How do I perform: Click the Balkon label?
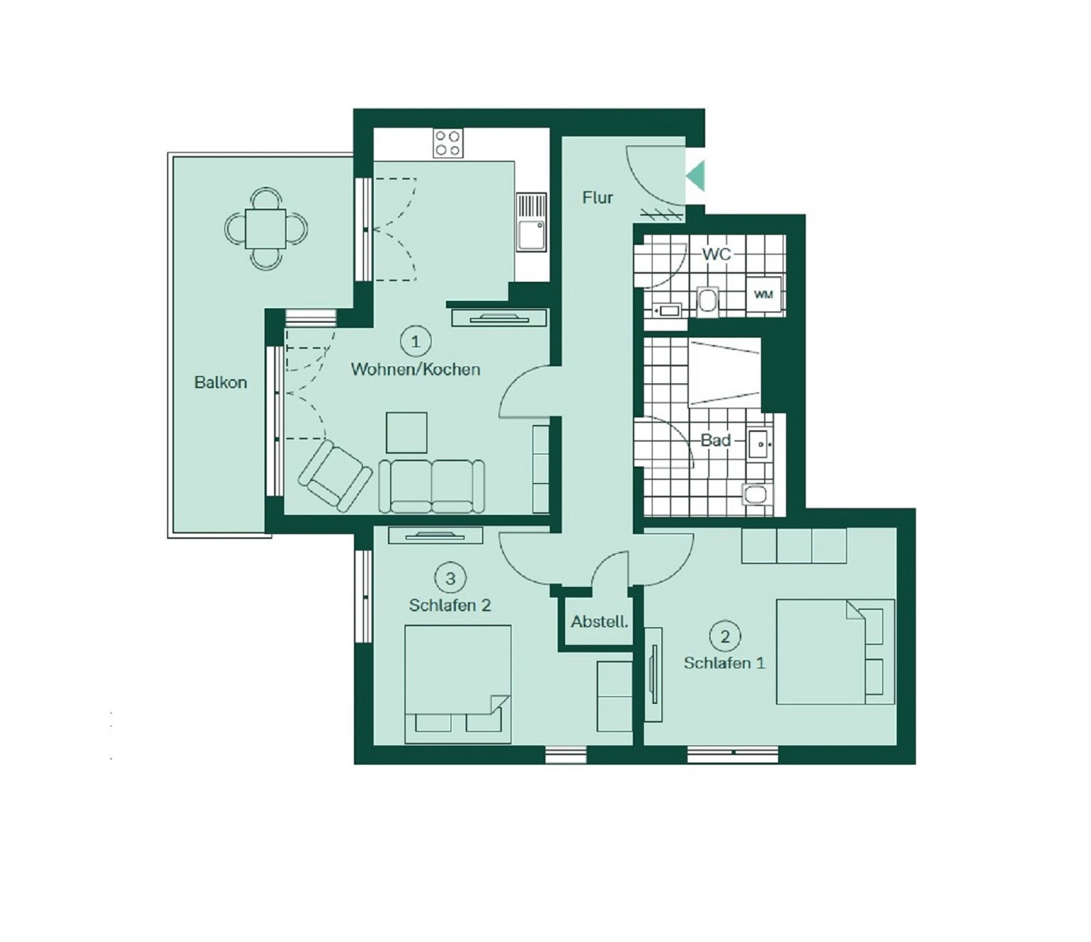tap(220, 382)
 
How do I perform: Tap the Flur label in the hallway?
tap(598, 197)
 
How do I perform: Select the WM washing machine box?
tap(763, 294)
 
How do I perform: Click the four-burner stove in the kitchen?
tap(447, 143)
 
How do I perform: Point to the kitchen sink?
tap(531, 223)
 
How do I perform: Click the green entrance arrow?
tap(696, 176)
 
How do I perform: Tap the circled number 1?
tap(416, 342)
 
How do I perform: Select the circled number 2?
tap(724, 636)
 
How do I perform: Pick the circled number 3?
tap(450, 579)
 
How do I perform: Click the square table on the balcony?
tap(265, 229)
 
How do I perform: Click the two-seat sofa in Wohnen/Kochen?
tap(432, 486)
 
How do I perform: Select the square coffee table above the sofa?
tap(406, 433)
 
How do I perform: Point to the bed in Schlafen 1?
tap(835, 651)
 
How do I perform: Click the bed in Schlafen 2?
tap(457, 684)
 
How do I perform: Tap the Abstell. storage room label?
tap(599, 622)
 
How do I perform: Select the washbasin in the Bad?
tap(759, 444)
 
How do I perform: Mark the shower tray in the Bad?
tap(724, 372)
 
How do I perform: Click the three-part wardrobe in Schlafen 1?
tap(794, 546)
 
